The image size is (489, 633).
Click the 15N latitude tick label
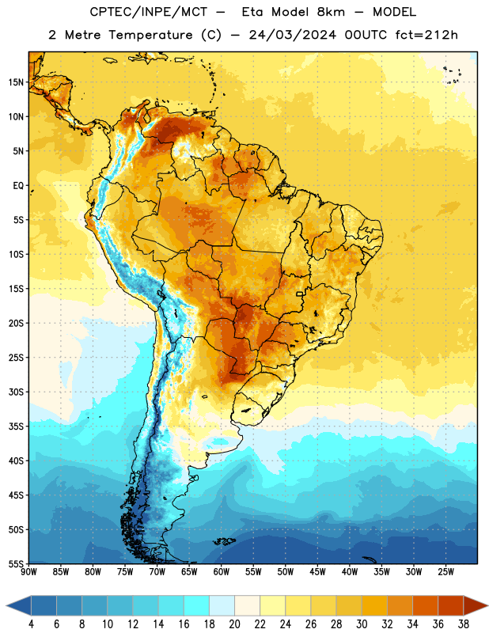pyautogui.click(x=16, y=82)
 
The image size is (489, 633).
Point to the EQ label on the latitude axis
pyautogui.click(x=18, y=186)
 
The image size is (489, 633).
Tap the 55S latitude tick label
pyautogui.click(x=16, y=563)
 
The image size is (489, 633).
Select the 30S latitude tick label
pyautogui.click(x=16, y=392)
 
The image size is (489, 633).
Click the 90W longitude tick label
pyautogui.click(x=28, y=571)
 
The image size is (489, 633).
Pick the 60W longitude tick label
pyautogui.click(x=222, y=571)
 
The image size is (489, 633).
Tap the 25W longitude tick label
pyautogui.click(x=445, y=571)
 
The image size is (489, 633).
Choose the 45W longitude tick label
pyautogui.click(x=317, y=571)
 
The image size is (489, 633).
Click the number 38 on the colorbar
pyautogui.click(x=464, y=624)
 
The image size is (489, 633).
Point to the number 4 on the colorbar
pyautogui.click(x=31, y=624)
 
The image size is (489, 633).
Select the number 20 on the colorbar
pyautogui.click(x=234, y=624)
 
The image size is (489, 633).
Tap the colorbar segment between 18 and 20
pyautogui.click(x=222, y=605)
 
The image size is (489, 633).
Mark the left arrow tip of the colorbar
pyautogui.click(x=6, y=605)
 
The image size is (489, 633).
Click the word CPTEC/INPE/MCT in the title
pyautogui.click(x=148, y=12)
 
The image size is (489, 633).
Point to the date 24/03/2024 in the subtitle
pyautogui.click(x=292, y=35)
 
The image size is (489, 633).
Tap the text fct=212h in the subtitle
pyautogui.click(x=426, y=35)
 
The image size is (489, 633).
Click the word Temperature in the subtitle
pyautogui.click(x=150, y=35)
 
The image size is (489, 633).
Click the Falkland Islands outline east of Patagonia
pyautogui.click(x=224, y=541)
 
